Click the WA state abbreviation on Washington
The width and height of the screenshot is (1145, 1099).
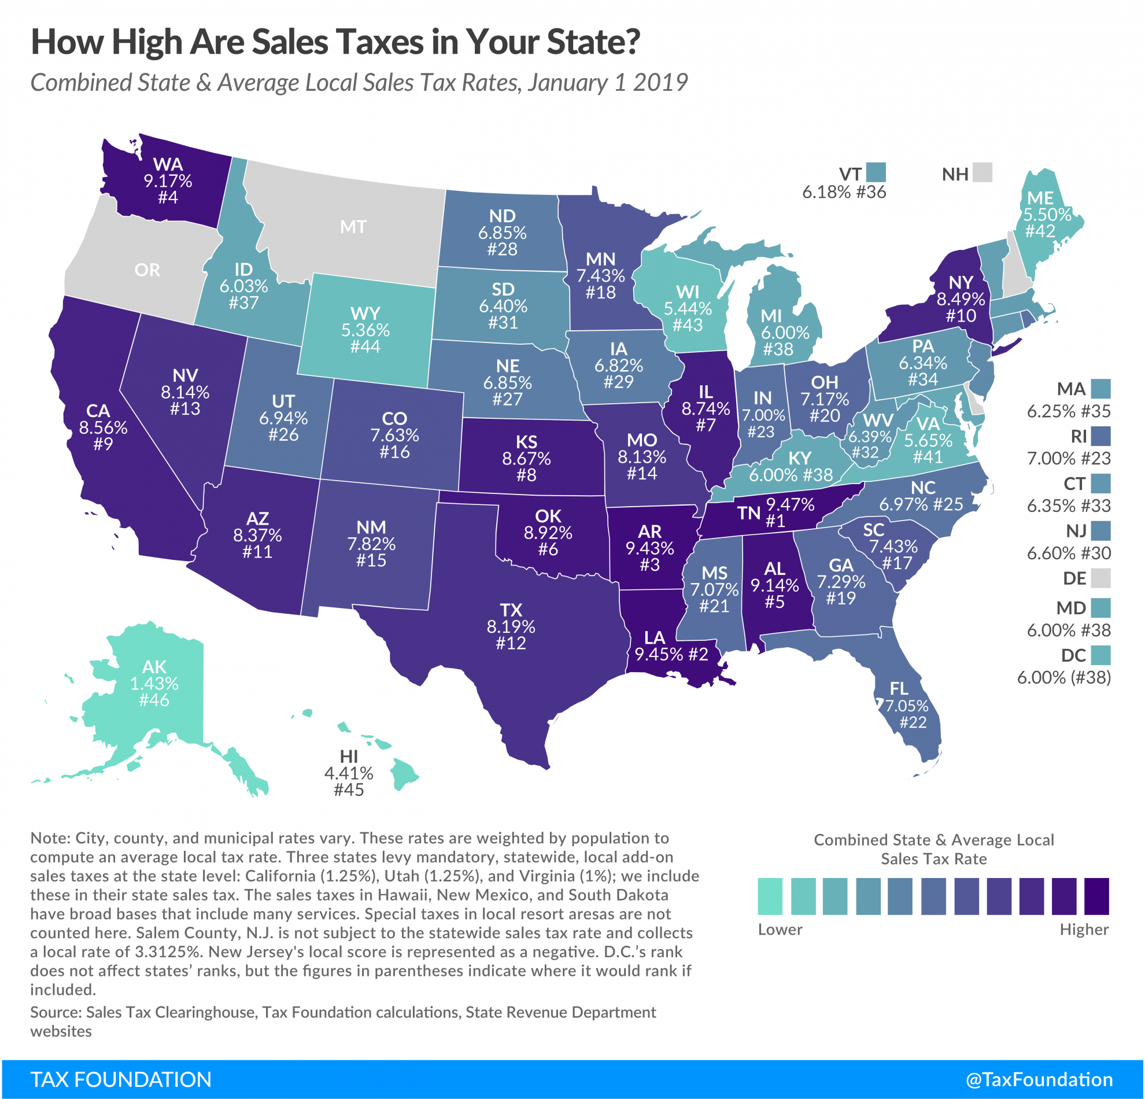[168, 164]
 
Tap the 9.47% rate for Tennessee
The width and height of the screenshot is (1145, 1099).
[790, 504]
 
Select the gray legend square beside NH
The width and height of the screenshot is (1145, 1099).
[983, 172]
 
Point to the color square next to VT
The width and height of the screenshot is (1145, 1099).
[876, 172]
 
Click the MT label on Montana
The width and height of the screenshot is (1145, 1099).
[353, 227]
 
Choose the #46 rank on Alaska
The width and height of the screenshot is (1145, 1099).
[154, 700]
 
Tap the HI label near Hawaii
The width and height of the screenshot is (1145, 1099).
[349, 757]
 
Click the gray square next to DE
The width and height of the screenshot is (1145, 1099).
[1100, 578]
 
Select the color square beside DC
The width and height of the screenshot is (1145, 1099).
[1100, 655]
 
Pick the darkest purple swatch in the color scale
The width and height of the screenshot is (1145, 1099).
[1096, 896]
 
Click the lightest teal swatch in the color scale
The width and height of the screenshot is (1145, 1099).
[770, 896]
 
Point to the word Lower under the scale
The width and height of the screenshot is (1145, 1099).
[780, 930]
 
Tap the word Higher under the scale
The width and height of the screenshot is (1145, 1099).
[1084, 930]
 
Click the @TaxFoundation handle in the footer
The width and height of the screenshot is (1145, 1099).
[1039, 1079]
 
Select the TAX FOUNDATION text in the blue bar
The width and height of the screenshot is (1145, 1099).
[121, 1079]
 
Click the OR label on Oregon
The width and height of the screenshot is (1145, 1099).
[147, 270]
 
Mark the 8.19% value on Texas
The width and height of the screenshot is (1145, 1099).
[511, 626]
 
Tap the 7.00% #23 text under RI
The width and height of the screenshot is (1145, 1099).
[1069, 458]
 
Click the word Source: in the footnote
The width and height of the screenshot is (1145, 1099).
[56, 1012]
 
